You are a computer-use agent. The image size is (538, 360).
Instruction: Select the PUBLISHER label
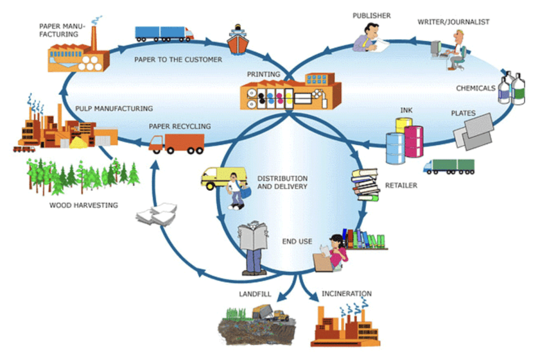(x=371, y=16)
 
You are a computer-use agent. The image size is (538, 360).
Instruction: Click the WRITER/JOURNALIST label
(x=453, y=22)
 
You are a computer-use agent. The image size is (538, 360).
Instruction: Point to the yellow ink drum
(x=403, y=126)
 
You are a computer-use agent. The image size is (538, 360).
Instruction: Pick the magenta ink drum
(x=413, y=141)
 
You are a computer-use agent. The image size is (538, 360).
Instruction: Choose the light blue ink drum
(x=395, y=148)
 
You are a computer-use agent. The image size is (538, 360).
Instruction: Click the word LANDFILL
(x=255, y=294)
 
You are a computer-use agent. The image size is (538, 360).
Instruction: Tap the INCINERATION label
(x=346, y=294)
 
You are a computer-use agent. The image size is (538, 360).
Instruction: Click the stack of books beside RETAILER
(x=366, y=184)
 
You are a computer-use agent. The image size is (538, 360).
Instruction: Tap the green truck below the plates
(x=449, y=166)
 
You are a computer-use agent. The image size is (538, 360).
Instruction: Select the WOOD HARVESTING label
(x=84, y=205)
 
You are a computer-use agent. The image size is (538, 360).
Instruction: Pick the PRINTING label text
(x=263, y=75)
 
